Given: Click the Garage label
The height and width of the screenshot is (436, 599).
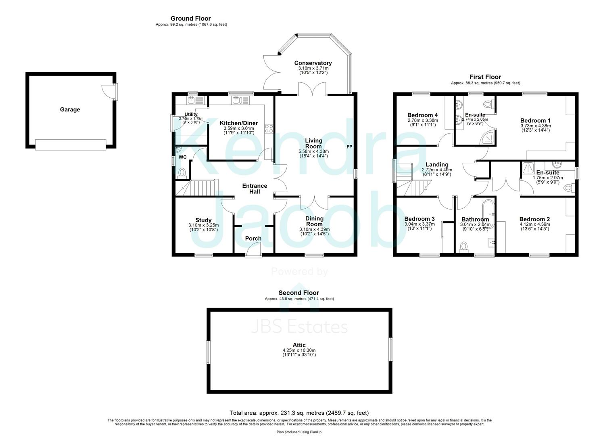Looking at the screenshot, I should pyautogui.click(x=70, y=109).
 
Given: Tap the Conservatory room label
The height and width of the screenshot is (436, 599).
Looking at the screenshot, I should pyautogui.click(x=313, y=63).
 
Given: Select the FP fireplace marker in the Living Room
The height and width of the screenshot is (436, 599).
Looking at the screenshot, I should pyautogui.click(x=349, y=147).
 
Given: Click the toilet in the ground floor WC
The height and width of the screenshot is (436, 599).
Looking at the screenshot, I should pyautogui.click(x=182, y=173).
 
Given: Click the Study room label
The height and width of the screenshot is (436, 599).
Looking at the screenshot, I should pyautogui.click(x=203, y=220).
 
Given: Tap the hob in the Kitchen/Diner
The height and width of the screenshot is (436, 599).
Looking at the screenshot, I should pyautogui.click(x=269, y=129).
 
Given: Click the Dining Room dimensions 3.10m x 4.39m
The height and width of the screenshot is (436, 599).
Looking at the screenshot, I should pyautogui.click(x=314, y=229).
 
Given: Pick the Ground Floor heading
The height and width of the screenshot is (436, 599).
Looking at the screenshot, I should pyautogui.click(x=190, y=18).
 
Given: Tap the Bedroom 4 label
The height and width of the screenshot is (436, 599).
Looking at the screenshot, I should pyautogui.click(x=422, y=115).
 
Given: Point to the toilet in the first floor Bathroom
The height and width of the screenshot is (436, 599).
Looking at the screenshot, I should pyautogui.click(x=463, y=247).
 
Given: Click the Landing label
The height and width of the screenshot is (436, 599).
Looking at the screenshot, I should pyautogui.click(x=437, y=164).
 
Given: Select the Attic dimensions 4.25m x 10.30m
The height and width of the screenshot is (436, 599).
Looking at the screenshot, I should pyautogui.click(x=299, y=350).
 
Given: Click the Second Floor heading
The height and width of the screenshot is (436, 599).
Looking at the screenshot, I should pyautogui.click(x=298, y=293).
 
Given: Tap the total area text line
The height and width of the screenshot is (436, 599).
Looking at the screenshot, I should pyautogui.click(x=299, y=413).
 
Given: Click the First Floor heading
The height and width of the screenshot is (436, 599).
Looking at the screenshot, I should pyautogui.click(x=485, y=77).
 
